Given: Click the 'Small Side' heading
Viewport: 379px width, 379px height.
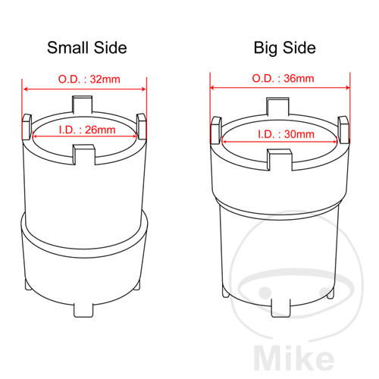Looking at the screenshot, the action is pos(87,48).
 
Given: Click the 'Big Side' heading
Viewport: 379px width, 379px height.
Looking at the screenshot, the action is pos(285,48).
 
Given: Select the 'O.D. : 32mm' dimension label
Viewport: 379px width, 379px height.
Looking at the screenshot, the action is pos(89,79).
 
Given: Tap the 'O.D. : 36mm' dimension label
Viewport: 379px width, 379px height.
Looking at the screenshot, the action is pos(283,78).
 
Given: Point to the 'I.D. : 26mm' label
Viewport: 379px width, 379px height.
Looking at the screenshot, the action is pos(87,130).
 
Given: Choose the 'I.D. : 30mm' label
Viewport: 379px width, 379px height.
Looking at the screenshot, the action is pos(286,134).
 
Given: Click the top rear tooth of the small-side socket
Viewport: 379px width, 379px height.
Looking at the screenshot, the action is pos(83,104).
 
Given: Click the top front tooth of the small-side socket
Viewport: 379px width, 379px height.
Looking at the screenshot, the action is pos(84,155).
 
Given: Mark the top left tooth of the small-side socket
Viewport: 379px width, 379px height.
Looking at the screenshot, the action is pos(27,127).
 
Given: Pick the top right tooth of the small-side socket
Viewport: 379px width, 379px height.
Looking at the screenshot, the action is pos(141,127).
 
